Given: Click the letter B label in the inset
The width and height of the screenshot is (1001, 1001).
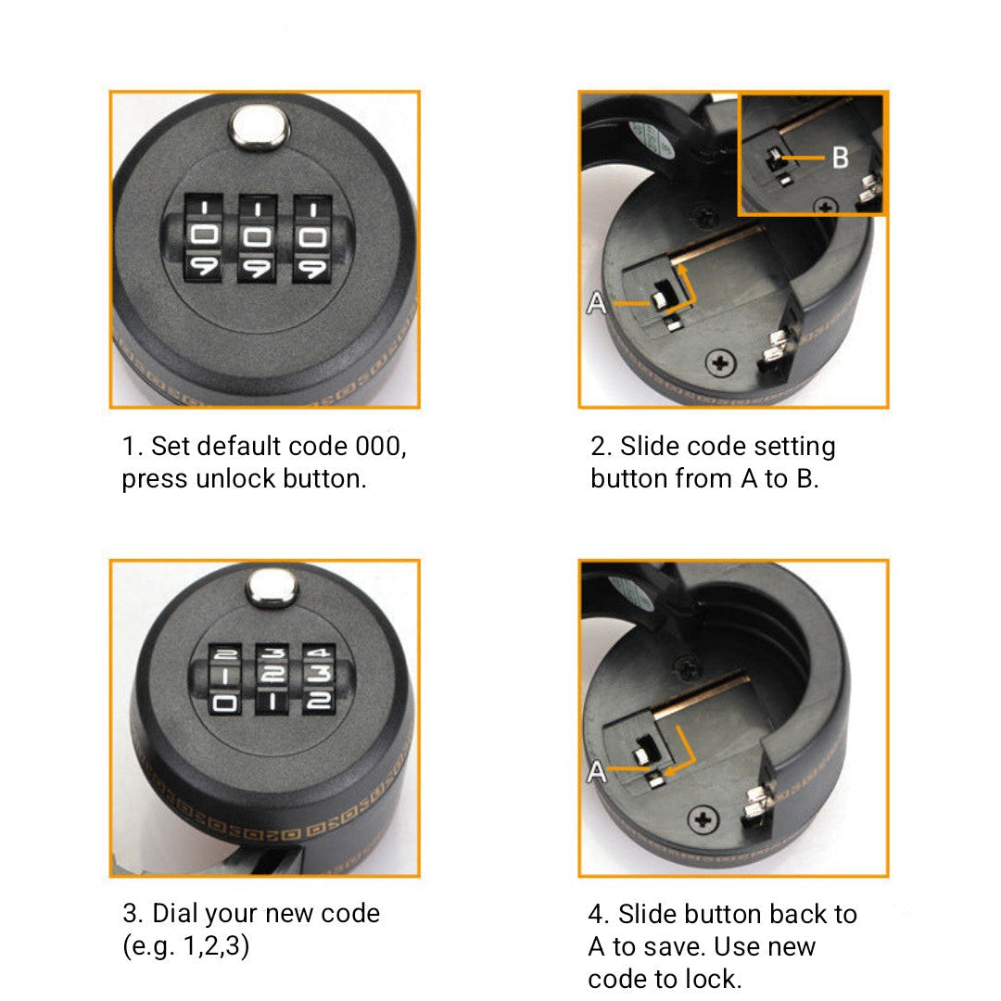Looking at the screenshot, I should click(x=840, y=158).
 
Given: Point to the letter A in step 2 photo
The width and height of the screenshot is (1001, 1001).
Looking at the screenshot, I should click(x=596, y=302).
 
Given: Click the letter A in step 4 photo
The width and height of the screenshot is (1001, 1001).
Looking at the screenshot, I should click(x=597, y=771).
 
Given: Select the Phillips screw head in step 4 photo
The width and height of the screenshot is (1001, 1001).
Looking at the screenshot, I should click(x=704, y=819).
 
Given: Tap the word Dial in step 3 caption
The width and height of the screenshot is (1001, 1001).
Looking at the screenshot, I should click(x=175, y=914).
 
